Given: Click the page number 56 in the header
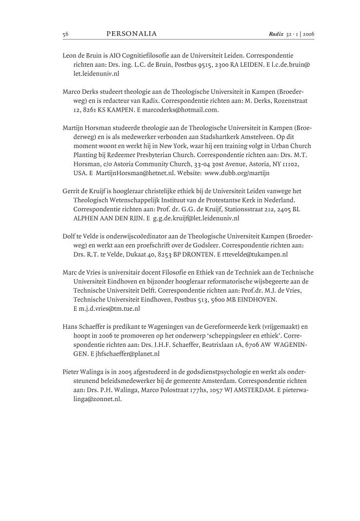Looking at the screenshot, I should pos(65,34).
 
